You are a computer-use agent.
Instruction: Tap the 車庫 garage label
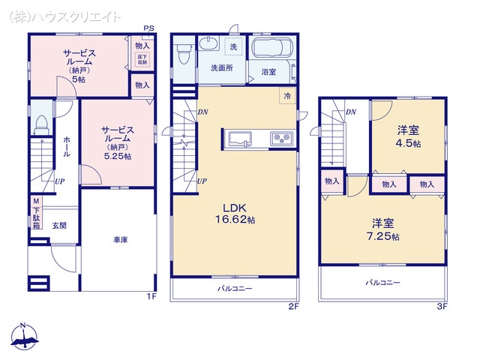click(x=120, y=240)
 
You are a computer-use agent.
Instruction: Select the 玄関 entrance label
click(x=60, y=225)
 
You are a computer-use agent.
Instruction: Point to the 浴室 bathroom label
click(x=268, y=72)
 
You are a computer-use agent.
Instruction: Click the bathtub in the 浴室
click(x=271, y=49)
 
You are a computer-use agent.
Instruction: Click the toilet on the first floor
click(x=42, y=121)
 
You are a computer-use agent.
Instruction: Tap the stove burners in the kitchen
click(x=281, y=138)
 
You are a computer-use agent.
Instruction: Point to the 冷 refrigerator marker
click(x=287, y=95)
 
